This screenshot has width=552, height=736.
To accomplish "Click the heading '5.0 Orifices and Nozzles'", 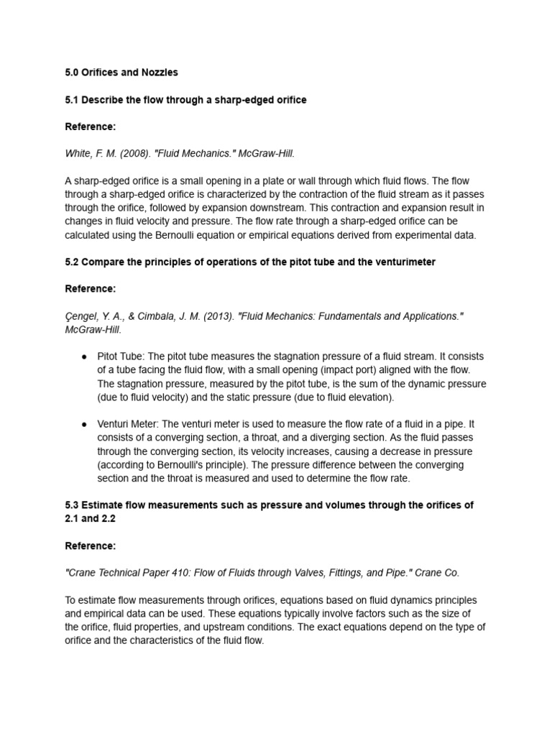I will pyautogui.click(x=121, y=73).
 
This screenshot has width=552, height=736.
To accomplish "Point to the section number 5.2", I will pyautogui.click(x=73, y=262).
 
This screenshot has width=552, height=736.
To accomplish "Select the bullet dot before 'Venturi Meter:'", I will pyautogui.click(x=84, y=425).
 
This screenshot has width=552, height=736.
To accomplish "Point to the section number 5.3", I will pyautogui.click(x=73, y=505).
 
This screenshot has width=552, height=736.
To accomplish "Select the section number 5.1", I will pyautogui.click(x=73, y=100).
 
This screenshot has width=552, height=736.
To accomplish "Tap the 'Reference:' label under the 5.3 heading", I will pyautogui.click(x=90, y=546).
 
